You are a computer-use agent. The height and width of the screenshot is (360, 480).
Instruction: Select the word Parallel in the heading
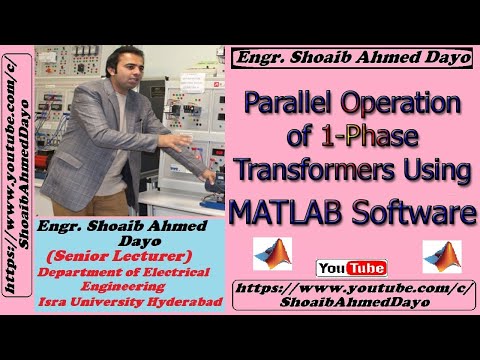pos(291,103)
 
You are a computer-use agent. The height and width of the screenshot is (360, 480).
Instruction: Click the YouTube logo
pos(351,268)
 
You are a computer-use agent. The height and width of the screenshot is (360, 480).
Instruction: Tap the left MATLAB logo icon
pos(272,254)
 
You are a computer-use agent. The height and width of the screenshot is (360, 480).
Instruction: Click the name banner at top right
pos(353,58)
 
